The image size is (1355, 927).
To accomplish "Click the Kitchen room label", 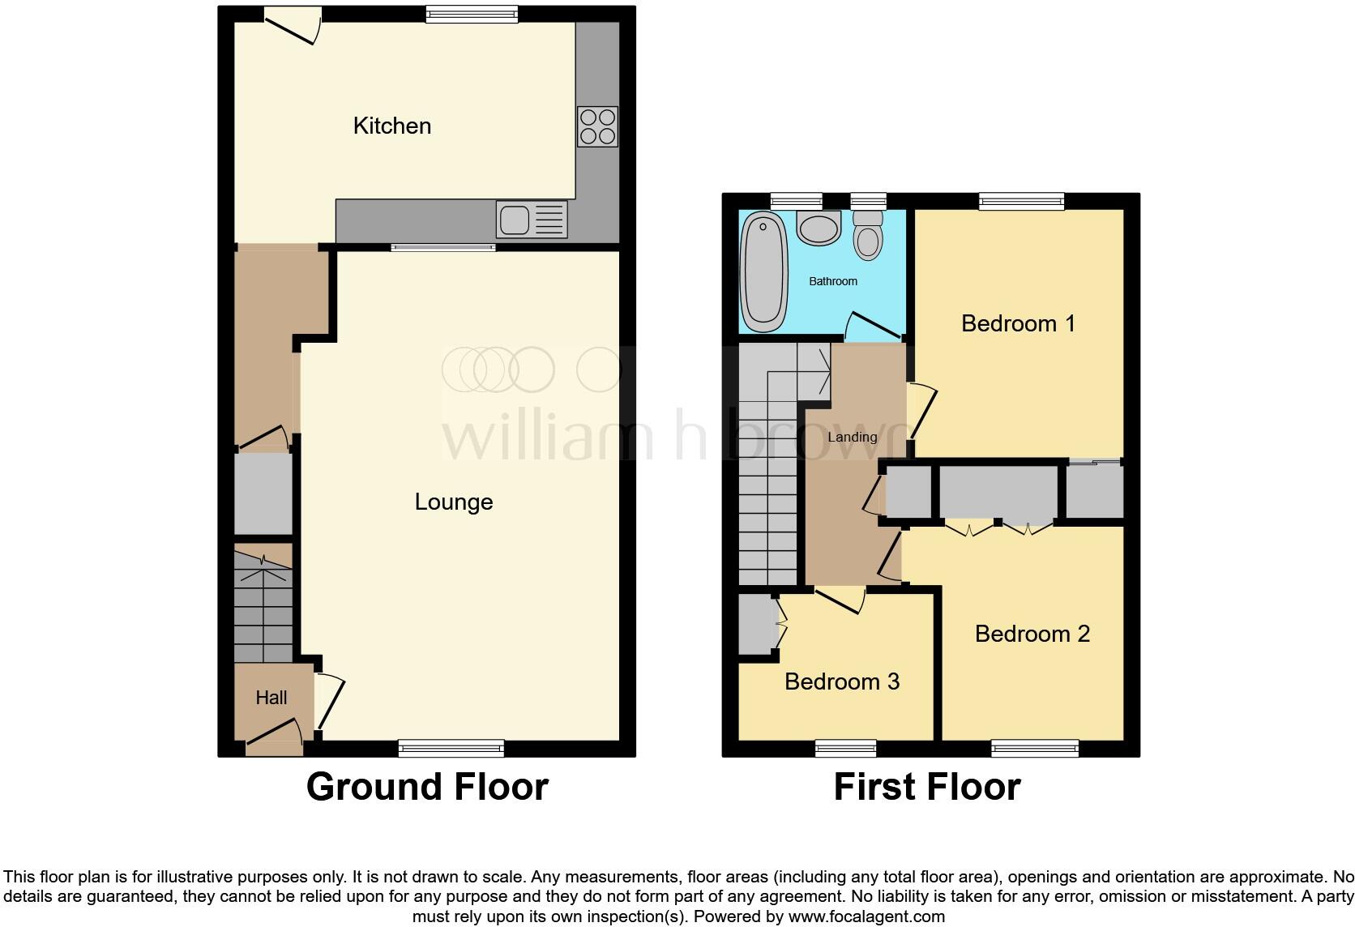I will [x=391, y=126].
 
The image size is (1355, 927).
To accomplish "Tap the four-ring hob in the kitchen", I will [x=597, y=127].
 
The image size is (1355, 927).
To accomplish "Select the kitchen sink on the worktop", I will [x=532, y=220].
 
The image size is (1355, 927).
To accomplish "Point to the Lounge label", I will [x=453, y=502].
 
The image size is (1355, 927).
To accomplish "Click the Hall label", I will [x=271, y=698].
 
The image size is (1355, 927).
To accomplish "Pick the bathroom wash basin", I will [x=819, y=228].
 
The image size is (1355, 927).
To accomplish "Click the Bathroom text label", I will [x=832, y=281].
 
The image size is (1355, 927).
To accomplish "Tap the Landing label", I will [x=852, y=437].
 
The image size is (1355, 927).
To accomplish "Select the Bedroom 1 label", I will [x=1018, y=323].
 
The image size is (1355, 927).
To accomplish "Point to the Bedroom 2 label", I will [x=1032, y=634].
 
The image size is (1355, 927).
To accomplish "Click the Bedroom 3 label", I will [x=841, y=681].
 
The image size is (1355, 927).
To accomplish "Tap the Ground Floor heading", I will [x=427, y=787].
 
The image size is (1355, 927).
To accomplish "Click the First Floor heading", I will [x=926, y=787].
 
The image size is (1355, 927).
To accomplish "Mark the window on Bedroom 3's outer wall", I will [x=845, y=747].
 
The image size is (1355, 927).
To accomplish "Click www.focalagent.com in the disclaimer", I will [x=866, y=917].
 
